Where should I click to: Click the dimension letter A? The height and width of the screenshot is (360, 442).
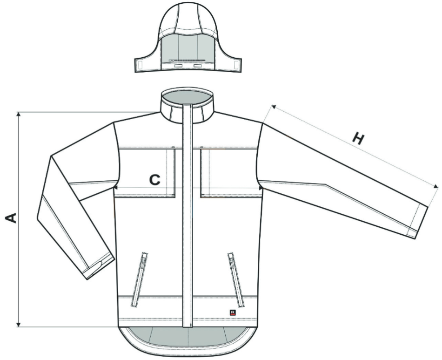(x=11, y=218)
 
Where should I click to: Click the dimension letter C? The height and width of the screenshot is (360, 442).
(x=155, y=179)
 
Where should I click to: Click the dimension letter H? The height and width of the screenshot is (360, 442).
(x=358, y=138)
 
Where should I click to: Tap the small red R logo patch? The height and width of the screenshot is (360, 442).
(x=233, y=312)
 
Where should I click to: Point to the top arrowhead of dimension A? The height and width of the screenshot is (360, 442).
(x=19, y=114)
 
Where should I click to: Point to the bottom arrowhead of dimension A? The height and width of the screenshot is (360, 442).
(x=19, y=325)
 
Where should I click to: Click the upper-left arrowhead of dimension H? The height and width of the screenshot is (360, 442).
(x=273, y=107)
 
